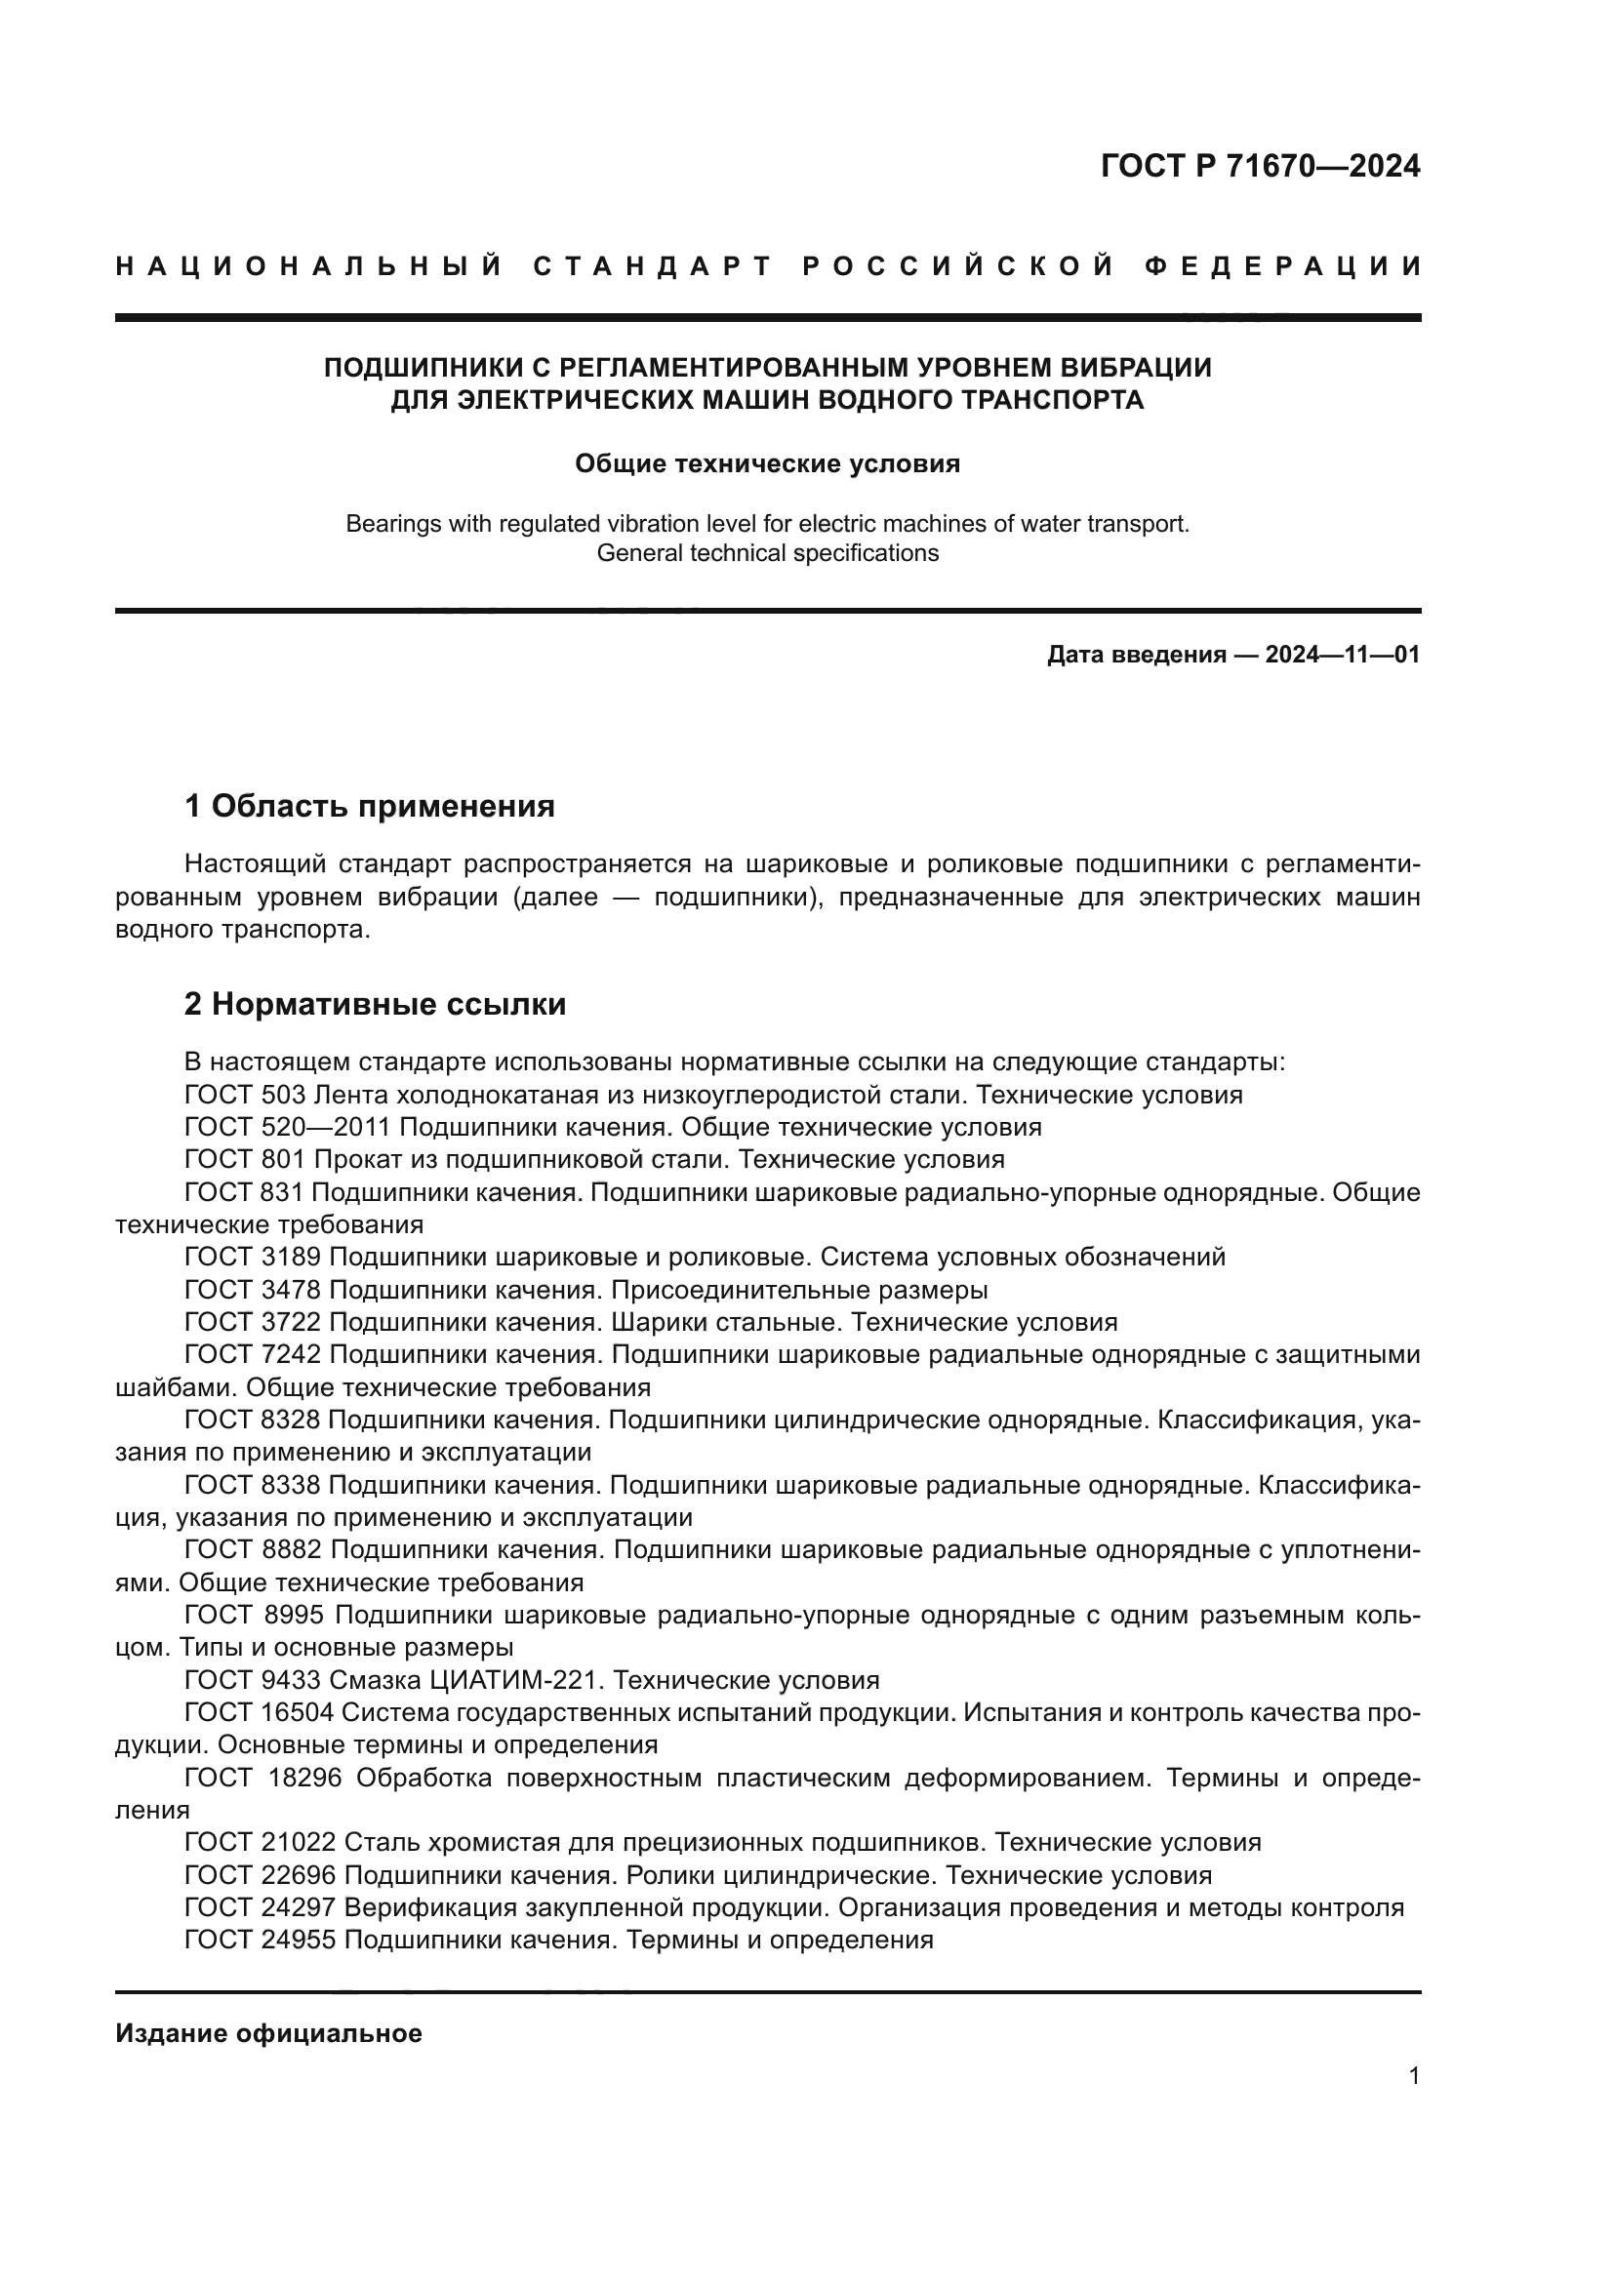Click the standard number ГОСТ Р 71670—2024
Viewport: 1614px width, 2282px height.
pos(1259,166)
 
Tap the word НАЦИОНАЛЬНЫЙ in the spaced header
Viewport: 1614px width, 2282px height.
pos(309,266)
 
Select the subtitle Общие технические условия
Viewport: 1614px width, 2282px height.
pos(767,463)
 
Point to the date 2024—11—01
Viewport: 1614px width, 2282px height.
pos(1342,655)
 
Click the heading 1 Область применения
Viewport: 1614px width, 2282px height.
pos(370,806)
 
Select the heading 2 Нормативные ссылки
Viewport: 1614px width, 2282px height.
pos(375,1005)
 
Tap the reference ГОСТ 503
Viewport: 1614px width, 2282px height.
pos(245,1096)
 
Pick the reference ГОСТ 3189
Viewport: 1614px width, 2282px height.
pos(253,1258)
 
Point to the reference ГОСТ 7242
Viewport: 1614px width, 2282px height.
pos(253,1355)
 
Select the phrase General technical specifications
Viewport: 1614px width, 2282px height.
pos(767,553)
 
